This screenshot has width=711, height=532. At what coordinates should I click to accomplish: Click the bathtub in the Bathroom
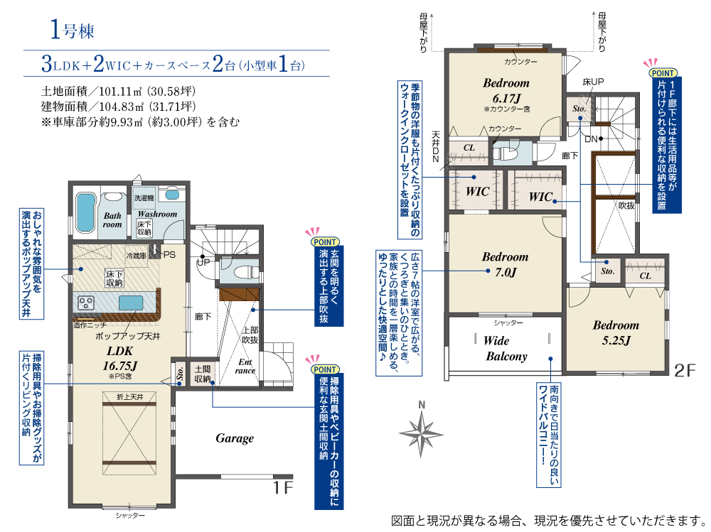[86, 212]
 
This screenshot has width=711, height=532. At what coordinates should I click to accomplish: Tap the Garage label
[235, 438]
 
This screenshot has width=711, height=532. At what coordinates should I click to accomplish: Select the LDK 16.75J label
[120, 359]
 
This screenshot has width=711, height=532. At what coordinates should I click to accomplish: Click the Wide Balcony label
[506, 349]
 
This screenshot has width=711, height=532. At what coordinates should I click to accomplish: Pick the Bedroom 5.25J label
[616, 332]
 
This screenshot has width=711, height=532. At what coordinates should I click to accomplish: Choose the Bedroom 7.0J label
[505, 264]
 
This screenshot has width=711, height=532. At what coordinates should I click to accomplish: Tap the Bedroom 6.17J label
[506, 90]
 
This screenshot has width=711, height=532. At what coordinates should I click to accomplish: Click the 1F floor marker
[282, 487]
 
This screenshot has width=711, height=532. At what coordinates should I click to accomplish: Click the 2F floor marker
[685, 371]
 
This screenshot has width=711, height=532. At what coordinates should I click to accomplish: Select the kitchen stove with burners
[86, 303]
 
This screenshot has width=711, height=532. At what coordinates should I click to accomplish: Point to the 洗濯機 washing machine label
[144, 198]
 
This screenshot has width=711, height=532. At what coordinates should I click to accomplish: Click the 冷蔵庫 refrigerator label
[137, 256]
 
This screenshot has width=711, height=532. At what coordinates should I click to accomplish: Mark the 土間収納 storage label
[203, 374]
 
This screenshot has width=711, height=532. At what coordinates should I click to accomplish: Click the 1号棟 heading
[72, 31]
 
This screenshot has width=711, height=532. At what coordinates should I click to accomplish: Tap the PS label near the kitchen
[169, 255]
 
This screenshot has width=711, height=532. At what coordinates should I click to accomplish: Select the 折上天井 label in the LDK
[129, 397]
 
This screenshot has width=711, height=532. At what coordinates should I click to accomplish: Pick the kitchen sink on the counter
[131, 303]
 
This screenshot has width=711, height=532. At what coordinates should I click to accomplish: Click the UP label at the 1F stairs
[203, 262]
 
